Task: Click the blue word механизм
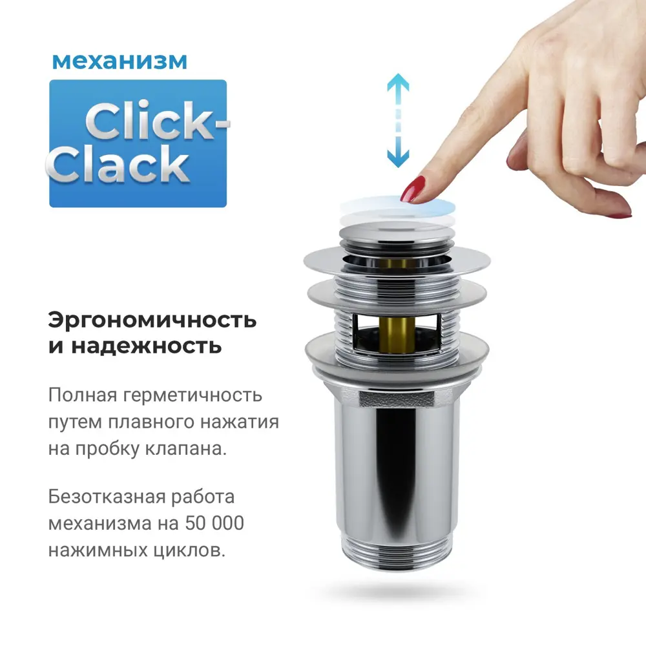coord(120,61)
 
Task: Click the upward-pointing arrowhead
coord(399,83)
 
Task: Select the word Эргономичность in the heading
coord(152,320)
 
